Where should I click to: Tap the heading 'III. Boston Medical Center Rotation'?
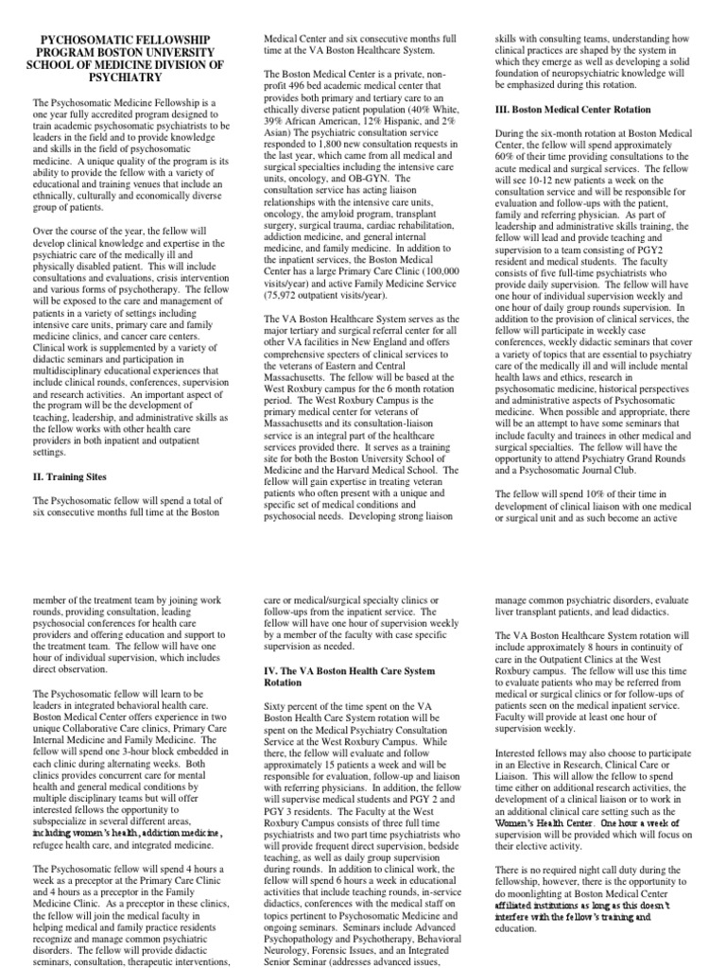coord(586,109)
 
